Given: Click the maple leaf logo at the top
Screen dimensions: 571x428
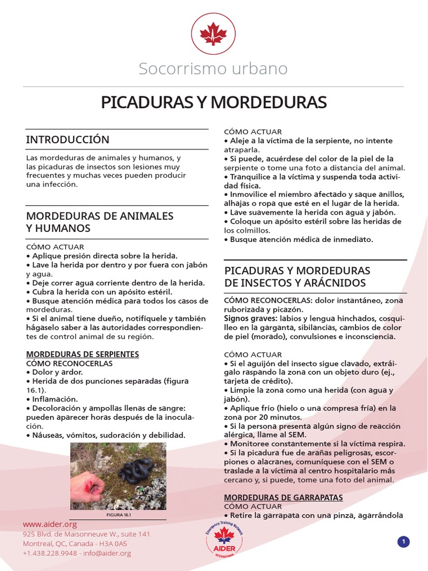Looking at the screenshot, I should click(213, 34).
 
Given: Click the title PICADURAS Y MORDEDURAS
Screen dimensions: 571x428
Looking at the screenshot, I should click(213, 103).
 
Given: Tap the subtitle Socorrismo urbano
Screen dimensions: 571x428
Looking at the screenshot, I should click(213, 69).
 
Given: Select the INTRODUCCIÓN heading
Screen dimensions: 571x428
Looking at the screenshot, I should click(68, 139).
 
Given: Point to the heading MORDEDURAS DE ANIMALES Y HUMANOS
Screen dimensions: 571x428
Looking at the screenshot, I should click(100, 222).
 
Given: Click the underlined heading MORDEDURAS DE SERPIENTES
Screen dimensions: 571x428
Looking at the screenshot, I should click(82, 354).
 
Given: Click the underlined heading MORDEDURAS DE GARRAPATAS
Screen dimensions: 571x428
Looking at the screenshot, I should click(283, 497).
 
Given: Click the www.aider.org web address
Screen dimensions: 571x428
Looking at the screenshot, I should click(50, 525).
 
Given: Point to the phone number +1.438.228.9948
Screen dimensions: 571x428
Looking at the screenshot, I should click(50, 553).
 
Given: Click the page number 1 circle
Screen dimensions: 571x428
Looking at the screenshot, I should click(403, 541).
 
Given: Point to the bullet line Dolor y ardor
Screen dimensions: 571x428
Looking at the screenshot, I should click(57, 372).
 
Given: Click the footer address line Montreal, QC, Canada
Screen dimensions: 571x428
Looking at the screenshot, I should click(75, 544).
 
